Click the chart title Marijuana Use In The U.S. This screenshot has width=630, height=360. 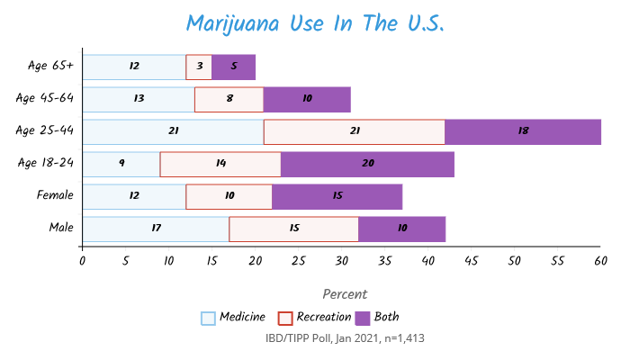[315, 22]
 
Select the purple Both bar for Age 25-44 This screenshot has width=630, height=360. [523, 132]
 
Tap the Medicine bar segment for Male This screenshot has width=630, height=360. [156, 229]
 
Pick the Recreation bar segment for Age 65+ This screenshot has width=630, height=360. [199, 67]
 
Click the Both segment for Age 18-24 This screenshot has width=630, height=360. [367, 165]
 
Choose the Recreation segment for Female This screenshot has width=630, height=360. [229, 197]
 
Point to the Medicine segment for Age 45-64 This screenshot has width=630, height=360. [139, 100]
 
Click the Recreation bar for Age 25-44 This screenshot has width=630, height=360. [355, 132]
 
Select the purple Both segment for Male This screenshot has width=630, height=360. [401, 229]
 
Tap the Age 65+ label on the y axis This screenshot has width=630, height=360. [50, 67]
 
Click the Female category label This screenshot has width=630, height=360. [55, 195]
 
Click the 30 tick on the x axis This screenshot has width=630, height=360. [341, 262]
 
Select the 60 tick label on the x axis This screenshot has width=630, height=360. [600, 262]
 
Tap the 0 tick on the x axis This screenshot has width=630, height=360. [83, 262]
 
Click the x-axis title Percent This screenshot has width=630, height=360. [344, 294]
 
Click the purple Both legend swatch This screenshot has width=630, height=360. [364, 318]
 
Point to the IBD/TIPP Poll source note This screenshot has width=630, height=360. [345, 339]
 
